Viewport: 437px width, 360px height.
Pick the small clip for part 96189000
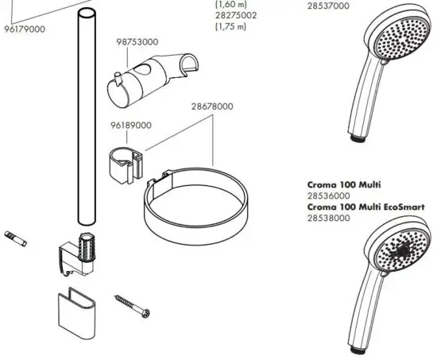[x=122, y=163]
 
